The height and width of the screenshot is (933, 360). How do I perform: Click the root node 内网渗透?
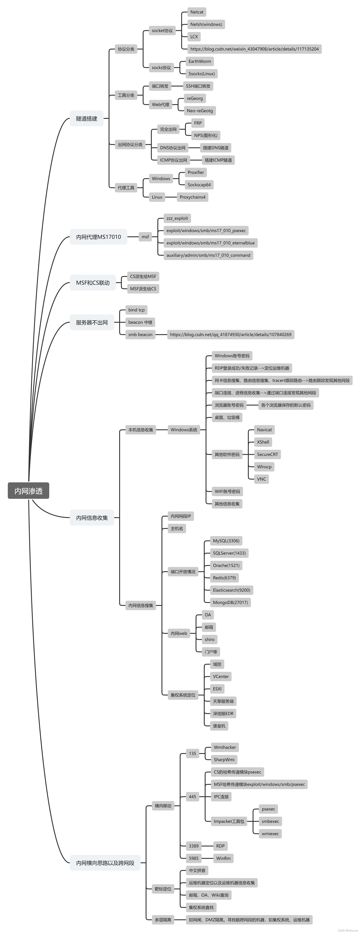point(28,491)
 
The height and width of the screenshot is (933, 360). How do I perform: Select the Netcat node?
point(197,12)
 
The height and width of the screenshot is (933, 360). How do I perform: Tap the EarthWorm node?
point(200,61)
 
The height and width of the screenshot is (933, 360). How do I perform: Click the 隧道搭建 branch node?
point(87,118)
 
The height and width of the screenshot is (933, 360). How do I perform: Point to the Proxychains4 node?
point(192,197)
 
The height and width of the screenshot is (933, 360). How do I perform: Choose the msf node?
point(145,237)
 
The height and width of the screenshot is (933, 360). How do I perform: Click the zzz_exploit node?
point(177,218)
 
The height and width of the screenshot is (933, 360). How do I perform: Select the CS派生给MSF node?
point(143,276)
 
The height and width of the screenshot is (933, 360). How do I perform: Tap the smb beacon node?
point(140,334)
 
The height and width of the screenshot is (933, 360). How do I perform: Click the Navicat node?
point(264,429)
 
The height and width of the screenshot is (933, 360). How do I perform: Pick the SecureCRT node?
point(267,454)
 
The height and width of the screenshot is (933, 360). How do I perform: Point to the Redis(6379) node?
point(224,578)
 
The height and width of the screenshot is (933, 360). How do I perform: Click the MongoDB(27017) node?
point(230,602)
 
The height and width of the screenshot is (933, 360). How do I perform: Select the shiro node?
point(209,639)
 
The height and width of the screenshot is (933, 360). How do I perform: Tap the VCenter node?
point(221,676)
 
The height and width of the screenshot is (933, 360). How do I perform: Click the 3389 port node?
point(193,846)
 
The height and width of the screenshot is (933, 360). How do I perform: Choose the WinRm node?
point(223,858)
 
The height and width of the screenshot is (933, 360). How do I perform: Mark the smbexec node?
point(270,821)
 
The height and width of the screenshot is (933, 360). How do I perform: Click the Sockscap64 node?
point(199,185)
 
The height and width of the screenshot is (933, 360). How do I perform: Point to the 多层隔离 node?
point(163,919)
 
